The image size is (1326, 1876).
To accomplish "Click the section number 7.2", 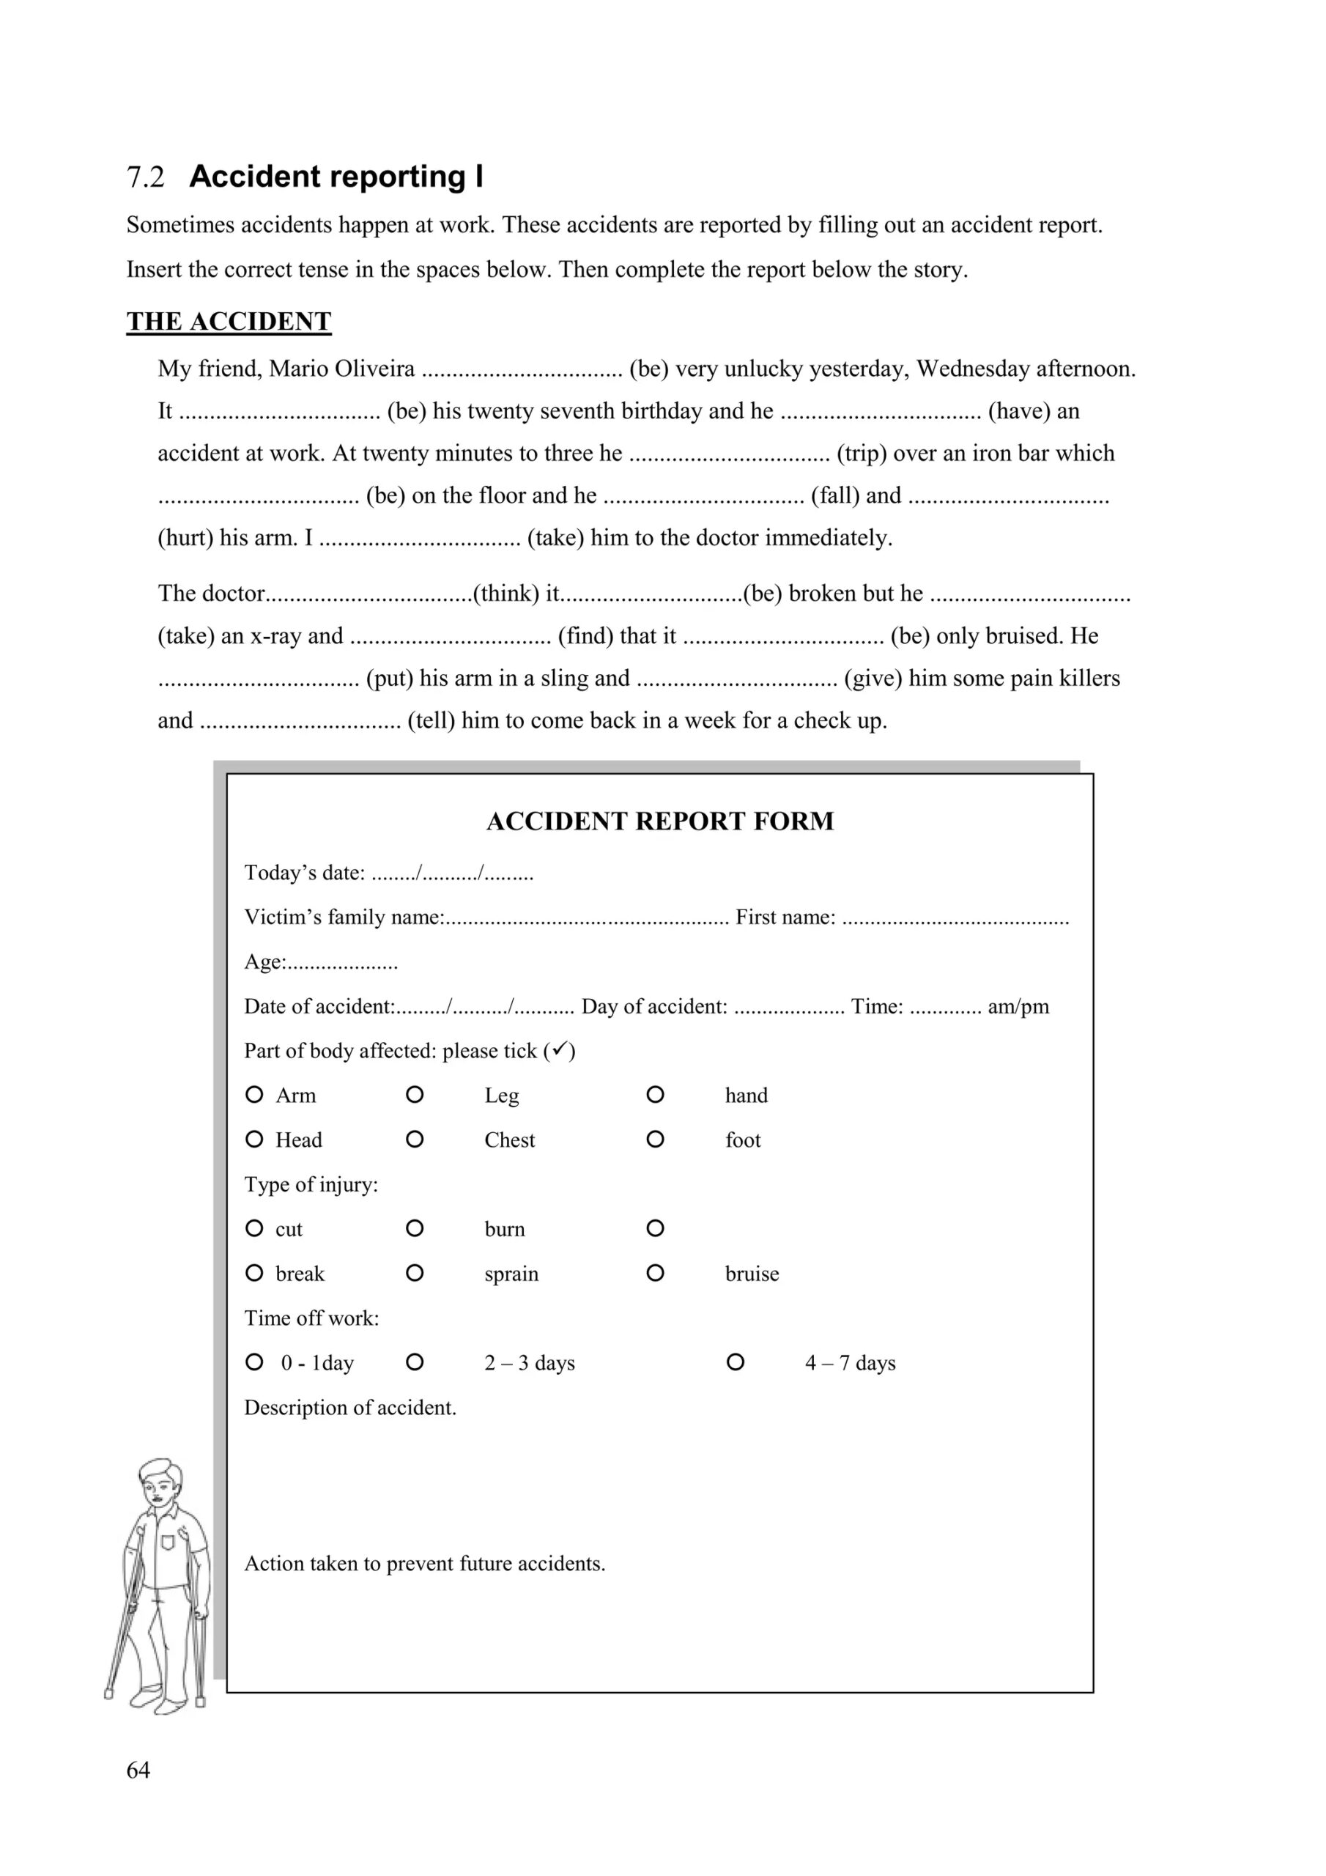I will pos(146,177).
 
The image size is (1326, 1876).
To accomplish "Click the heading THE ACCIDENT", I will pos(229,321).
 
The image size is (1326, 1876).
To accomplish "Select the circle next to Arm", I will pos(254,1094).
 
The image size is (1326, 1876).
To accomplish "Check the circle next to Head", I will pos(254,1139).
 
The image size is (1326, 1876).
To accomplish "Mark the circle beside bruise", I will pos(655,1273).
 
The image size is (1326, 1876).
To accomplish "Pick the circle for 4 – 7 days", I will pos(736,1362).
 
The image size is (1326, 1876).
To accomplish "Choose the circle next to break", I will pos(254,1273).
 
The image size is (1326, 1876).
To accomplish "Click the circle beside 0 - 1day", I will pos(254,1362).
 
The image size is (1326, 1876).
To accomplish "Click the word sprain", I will pos(511,1274).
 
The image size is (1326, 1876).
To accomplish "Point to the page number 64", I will pos(138,1770).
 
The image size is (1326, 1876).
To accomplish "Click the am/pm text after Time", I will pos(1018,1007).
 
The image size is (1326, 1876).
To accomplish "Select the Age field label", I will pos(264,962).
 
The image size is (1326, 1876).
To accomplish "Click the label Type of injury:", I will pos(311,1185).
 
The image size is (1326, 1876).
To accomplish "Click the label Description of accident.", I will pos(350,1408).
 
